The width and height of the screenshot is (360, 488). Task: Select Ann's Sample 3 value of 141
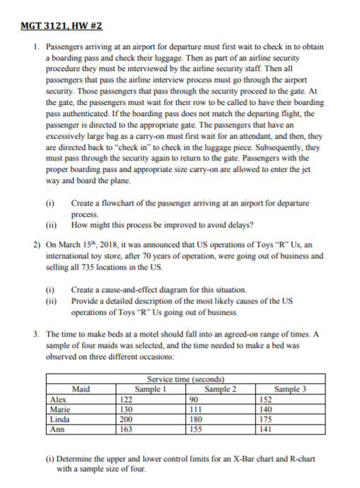point(266,429)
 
